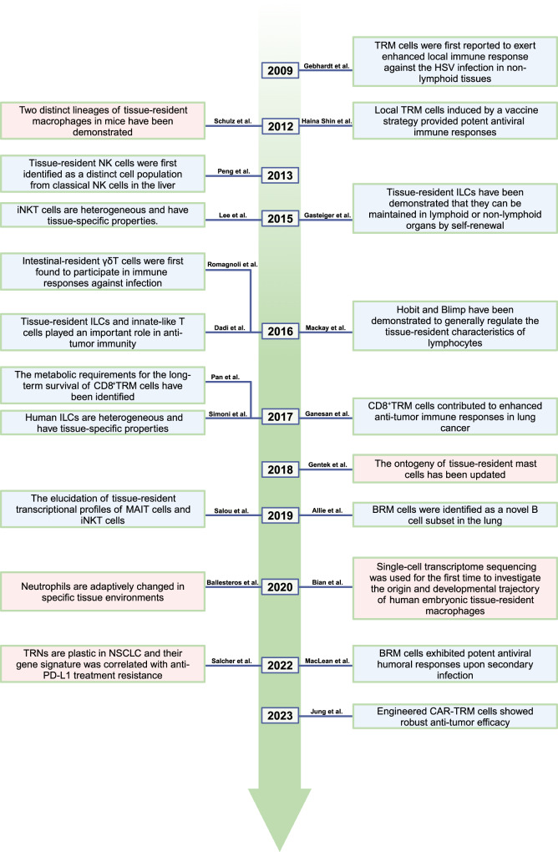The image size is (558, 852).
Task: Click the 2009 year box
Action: click(278, 71)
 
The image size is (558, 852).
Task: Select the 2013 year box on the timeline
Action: click(278, 176)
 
